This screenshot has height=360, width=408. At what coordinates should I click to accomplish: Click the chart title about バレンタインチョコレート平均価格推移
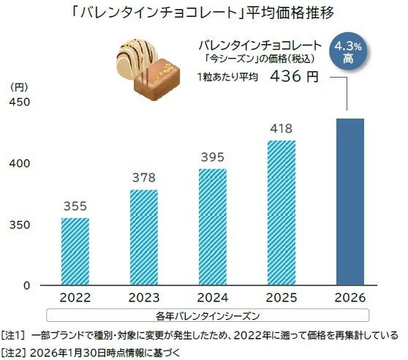(204, 12)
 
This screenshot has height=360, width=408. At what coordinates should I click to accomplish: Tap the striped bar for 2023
(144, 237)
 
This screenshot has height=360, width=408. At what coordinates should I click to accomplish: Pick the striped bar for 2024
(212, 227)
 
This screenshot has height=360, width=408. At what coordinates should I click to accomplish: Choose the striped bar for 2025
(281, 212)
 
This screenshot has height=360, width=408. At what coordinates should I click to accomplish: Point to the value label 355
(75, 207)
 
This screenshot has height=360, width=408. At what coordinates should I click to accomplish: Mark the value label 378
(144, 179)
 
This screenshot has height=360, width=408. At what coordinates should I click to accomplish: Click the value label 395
(212, 158)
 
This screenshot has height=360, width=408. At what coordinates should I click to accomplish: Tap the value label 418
(281, 129)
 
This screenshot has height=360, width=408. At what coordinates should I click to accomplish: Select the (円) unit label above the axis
(20, 86)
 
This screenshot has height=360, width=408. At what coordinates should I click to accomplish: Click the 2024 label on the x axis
(212, 299)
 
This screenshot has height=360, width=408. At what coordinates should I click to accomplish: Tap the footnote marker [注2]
(15, 351)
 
